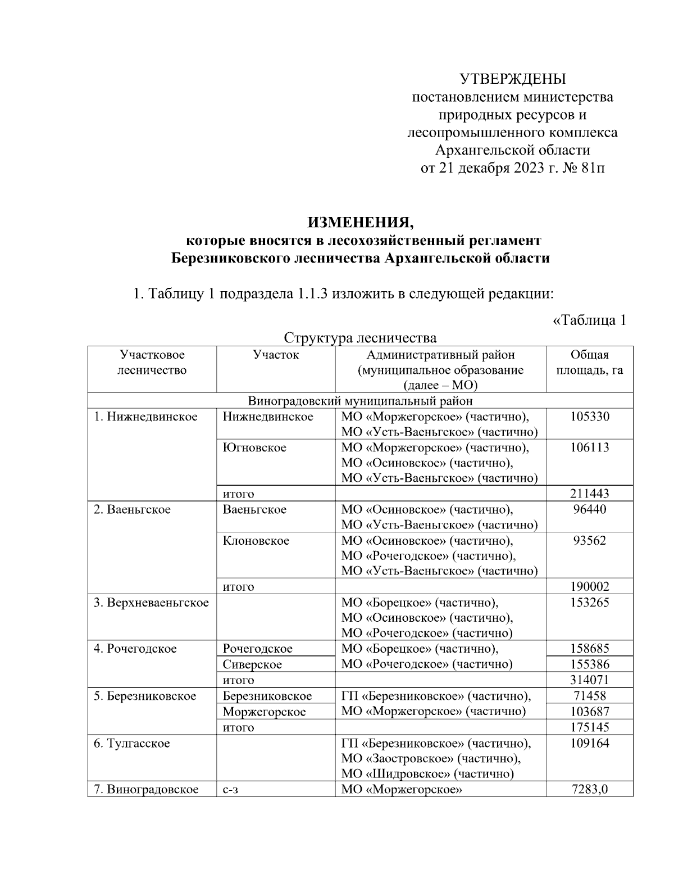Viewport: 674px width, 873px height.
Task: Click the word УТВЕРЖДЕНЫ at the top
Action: [512, 79]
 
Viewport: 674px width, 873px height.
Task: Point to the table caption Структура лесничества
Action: [360, 338]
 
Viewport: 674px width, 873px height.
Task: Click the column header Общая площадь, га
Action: [589, 363]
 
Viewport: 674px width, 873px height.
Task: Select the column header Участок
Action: [276, 355]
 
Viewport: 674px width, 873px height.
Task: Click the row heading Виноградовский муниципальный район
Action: [360, 401]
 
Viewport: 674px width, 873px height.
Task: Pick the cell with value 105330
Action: [589, 417]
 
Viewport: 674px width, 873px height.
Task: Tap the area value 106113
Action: [589, 447]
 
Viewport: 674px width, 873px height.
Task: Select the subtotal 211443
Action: [589, 494]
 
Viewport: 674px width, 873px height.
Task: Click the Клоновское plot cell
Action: [256, 541]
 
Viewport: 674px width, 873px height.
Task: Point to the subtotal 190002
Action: [589, 586]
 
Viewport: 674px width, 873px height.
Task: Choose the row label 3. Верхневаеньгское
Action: [151, 603]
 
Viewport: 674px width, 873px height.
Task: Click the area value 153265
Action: [589, 603]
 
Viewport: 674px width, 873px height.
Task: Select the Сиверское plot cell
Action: [252, 664]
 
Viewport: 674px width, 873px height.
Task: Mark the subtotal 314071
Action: [589, 680]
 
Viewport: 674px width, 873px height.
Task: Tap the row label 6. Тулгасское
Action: [131, 743]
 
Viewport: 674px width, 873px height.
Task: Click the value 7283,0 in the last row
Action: [589, 789]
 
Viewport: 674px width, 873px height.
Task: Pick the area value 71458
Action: [589, 696]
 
